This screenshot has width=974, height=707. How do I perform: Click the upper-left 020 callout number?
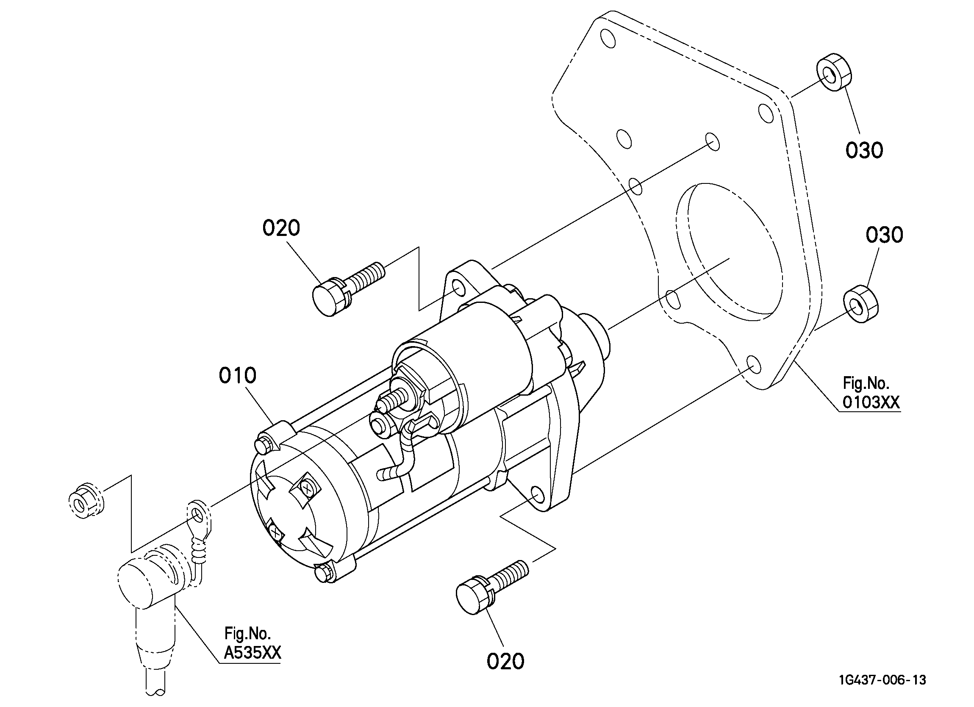click(281, 227)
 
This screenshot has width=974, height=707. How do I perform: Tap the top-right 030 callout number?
click(865, 150)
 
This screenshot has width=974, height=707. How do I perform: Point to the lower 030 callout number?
click(884, 235)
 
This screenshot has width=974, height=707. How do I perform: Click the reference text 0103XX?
click(871, 402)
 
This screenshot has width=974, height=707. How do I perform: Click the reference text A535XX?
click(253, 653)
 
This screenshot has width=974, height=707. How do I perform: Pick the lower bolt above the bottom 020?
click(492, 587)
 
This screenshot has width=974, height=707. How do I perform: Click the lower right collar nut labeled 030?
click(861, 303)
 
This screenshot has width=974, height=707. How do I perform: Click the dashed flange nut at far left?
click(87, 501)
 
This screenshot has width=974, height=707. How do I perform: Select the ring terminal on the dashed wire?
click(198, 518)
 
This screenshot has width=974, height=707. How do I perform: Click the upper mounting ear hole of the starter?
click(459, 288)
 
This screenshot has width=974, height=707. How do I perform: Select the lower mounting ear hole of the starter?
click(538, 495)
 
